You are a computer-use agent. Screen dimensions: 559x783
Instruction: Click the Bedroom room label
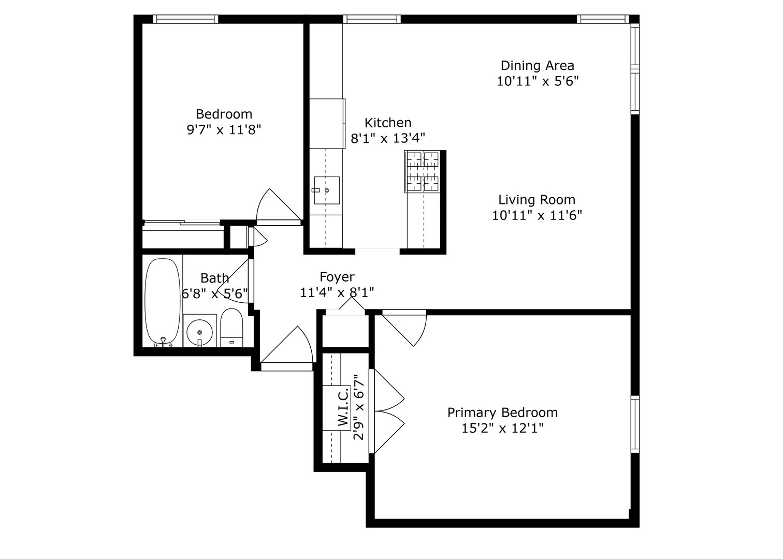point(224,114)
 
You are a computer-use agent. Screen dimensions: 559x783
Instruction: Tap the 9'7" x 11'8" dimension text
point(224,129)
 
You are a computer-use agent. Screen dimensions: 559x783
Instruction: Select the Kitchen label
point(388,123)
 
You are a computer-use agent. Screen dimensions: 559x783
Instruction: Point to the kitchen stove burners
point(422,171)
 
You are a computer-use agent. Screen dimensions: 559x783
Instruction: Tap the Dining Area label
point(537,66)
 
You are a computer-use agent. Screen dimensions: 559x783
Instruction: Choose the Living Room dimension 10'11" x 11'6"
point(537,215)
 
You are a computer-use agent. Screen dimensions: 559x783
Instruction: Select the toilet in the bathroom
point(231,327)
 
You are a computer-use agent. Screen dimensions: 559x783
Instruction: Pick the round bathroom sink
point(199,331)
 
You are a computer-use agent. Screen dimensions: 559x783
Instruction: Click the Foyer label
point(337,277)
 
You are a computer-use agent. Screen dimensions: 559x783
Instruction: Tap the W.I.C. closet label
point(343,408)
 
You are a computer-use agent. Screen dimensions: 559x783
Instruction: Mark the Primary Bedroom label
point(502,413)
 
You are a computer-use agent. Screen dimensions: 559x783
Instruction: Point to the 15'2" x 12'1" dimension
point(502,429)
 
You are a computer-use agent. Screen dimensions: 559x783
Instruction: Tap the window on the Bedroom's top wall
point(185,19)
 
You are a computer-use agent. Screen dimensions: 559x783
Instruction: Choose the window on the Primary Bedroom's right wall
point(634,424)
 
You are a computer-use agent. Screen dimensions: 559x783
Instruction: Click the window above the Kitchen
point(371,19)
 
